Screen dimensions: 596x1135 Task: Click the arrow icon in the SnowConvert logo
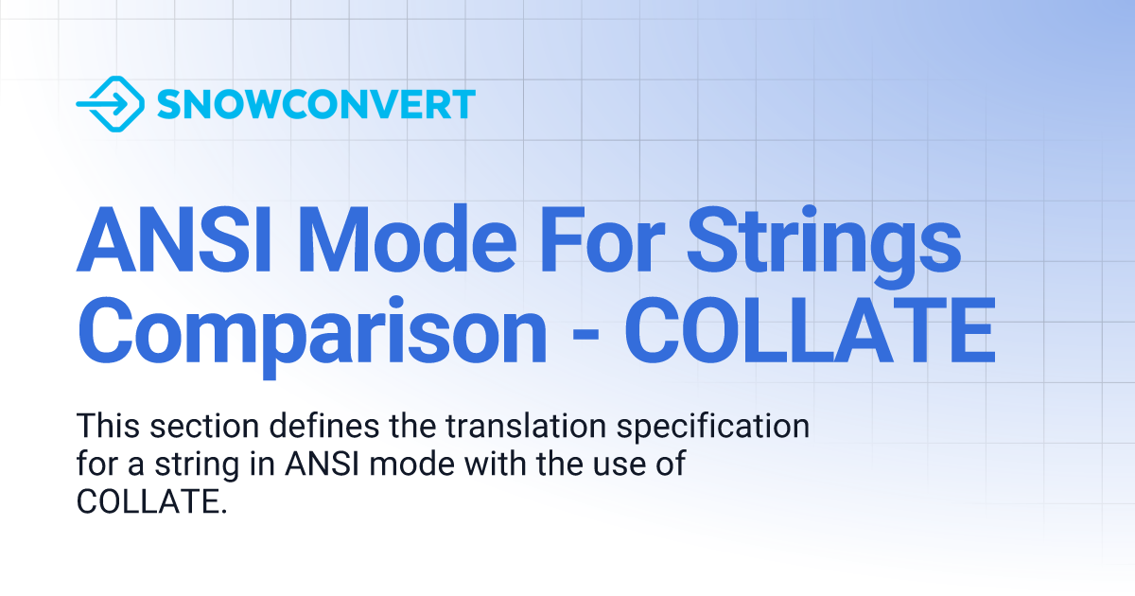(109, 103)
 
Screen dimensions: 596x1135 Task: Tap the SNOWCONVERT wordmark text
(315, 104)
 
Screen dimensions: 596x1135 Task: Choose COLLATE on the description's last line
(148, 502)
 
